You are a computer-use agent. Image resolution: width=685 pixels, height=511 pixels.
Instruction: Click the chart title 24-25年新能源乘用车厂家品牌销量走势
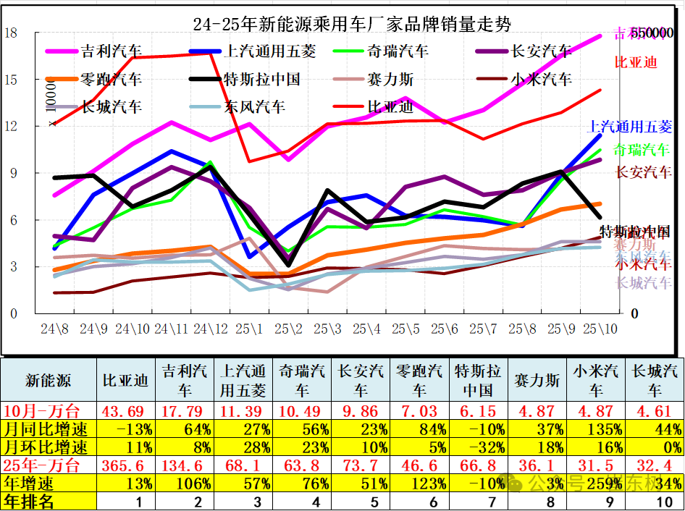coord(352,25)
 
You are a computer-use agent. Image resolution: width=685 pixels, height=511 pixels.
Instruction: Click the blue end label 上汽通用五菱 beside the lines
coord(629,127)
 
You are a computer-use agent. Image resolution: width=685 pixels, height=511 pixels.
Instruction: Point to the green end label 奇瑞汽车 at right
coord(642,151)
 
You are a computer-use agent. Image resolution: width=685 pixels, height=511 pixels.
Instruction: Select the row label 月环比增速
coord(46,447)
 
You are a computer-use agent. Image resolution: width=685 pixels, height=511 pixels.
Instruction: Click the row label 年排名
coord(29,501)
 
